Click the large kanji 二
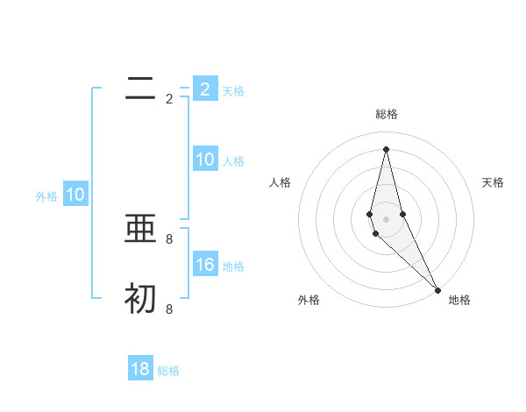pos(140,89)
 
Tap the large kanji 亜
pos(140,229)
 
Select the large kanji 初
pos(140,299)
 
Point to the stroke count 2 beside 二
pos(169,99)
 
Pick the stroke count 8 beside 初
pos(169,309)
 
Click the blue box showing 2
pos(204,89)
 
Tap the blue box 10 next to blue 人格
pos(204,160)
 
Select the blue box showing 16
pos(204,265)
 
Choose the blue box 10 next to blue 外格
pos(75,195)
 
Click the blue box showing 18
pos(140,369)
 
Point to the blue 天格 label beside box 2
pos(233,91)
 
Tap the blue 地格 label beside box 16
pos(233,266)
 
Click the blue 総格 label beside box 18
pos(168,371)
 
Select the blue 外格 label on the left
pos(46,196)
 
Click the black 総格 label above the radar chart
pos(386,114)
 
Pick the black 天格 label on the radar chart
pos(494,182)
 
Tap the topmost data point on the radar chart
pos(386,148)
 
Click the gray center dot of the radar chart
pos(386,218)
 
